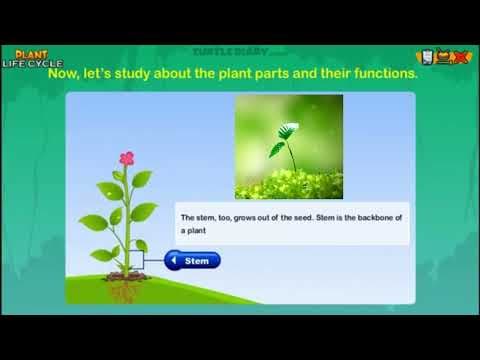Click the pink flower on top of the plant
[126, 158]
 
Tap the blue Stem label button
[193, 261]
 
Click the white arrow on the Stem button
[173, 261]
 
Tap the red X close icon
[463, 56]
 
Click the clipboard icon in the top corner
[425, 56]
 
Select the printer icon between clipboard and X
[444, 57]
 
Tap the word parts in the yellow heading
[260, 72]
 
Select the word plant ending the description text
[196, 229]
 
